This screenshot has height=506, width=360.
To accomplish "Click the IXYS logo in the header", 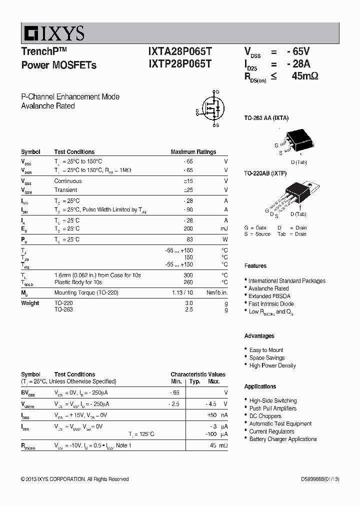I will coord(53,33).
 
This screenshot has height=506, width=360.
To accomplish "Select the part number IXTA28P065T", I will coord(180,51).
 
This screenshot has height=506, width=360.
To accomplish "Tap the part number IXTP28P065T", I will coord(180,64).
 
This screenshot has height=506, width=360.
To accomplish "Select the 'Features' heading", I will coord(255,266).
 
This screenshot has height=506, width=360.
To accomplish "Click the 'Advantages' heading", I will coord(259,336).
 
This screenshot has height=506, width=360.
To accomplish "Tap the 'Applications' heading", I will coord(260,386).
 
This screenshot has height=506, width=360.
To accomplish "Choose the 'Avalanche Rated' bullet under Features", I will coord(268,288).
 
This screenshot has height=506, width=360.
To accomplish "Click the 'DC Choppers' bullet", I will coord(265,416).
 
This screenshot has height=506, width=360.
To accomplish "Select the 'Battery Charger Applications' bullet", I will coord(283,439).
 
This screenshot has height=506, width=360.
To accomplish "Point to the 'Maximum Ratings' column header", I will coord(193,152).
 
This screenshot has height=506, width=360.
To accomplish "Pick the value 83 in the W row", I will coord(189,239).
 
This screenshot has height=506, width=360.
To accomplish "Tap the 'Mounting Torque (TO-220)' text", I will coord(86,292).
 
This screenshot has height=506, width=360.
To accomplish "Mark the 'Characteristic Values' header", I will coord(197,374).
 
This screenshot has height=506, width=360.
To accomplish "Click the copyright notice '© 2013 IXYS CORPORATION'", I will coord(75,479).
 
